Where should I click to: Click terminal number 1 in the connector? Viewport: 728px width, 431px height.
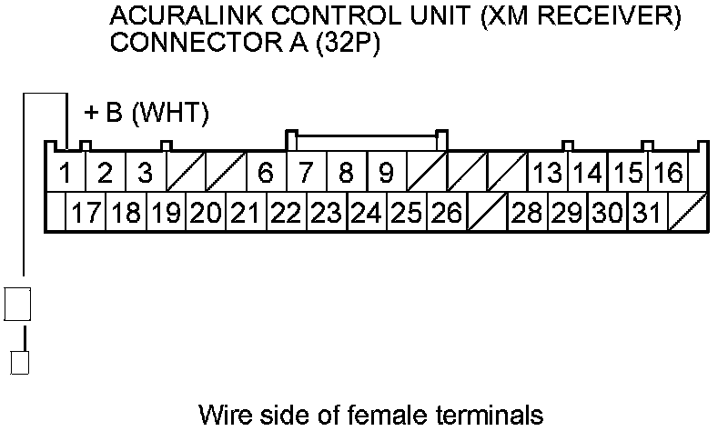point(66,172)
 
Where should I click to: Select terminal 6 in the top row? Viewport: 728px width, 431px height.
point(266,172)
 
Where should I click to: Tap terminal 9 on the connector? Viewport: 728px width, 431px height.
point(386,172)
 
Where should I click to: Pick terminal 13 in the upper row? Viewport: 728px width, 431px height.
point(547,172)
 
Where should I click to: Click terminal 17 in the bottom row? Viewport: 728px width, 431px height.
point(86,214)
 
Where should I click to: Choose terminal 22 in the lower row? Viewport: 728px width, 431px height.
point(286,214)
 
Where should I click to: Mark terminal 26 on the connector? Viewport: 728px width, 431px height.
point(446,214)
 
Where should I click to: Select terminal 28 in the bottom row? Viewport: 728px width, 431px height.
point(527,214)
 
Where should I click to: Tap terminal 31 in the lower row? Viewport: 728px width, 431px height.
point(647,214)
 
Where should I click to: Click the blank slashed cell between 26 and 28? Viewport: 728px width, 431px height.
point(486,214)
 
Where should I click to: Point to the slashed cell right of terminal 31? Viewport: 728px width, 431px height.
point(687,214)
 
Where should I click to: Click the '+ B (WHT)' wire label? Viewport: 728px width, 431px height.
point(147,114)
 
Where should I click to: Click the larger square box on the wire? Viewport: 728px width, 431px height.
point(19,304)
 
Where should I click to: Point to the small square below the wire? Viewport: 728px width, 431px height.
point(19,361)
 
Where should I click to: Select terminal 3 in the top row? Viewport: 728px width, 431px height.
point(145,172)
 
